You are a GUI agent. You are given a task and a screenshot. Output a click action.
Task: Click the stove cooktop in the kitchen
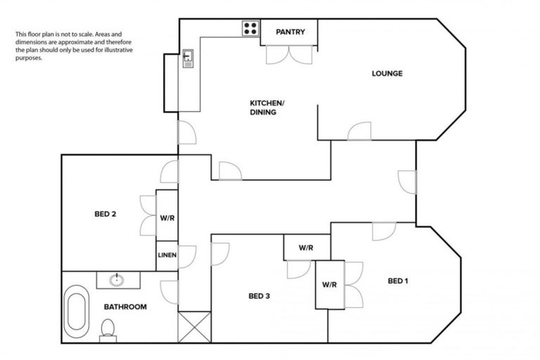coord(250,28)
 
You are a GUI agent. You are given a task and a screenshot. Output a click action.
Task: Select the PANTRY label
coord(290,32)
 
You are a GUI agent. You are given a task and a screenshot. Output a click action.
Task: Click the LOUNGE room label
coord(387,73)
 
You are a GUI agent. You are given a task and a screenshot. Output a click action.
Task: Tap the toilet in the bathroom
coord(108,329)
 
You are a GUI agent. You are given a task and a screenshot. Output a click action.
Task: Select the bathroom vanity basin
coord(117,280)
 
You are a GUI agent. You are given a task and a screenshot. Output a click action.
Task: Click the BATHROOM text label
coord(125,307)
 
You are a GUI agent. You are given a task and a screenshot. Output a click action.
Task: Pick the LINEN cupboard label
coord(167,255)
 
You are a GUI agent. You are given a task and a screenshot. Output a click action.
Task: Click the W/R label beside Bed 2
coord(167,218)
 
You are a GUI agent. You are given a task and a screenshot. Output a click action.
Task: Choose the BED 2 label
coord(105,214)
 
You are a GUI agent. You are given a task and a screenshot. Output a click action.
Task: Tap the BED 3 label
coord(259,296)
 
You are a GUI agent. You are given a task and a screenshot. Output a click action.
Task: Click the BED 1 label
coord(397,281)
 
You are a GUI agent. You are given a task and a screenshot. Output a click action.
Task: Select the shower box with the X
coord(195,327)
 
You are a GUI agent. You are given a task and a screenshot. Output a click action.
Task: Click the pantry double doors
coord(289,55)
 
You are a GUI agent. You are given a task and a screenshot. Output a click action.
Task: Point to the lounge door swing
coord(360,131)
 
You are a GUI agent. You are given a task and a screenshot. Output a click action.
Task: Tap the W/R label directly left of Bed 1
coord(329,285)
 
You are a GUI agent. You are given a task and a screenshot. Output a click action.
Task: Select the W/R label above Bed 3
coord(306,247)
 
